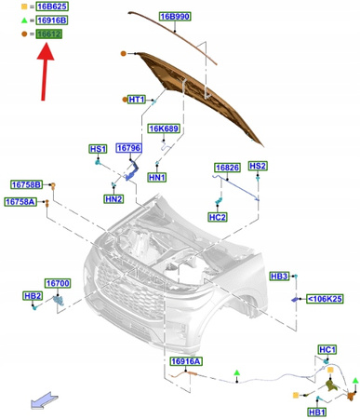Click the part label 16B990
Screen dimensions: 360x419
coord(175,17)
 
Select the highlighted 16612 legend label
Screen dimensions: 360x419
coord(49,34)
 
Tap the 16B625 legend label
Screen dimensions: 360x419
coord(52,7)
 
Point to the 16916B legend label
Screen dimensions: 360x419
coord(52,20)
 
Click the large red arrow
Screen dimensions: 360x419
coord(46,72)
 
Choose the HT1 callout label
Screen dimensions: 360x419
coord(137,100)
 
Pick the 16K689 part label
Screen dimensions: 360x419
coord(164,128)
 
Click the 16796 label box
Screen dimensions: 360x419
coord(128,148)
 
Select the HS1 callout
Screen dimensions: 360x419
coord(98,149)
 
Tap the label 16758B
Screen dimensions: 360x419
coord(27,184)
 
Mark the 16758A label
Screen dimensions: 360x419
coord(20,202)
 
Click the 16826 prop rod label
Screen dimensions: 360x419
coord(228,168)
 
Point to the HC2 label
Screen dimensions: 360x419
coord(218,217)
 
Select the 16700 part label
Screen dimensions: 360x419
coord(58,283)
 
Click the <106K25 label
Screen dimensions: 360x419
coord(325,299)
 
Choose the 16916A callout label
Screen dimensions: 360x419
coord(186,361)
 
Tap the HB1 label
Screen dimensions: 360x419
coord(317,412)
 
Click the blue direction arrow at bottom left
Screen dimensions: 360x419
coord(44,400)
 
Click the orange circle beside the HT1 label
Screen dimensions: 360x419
coord(125,100)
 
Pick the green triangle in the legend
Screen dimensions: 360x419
coord(24,20)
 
